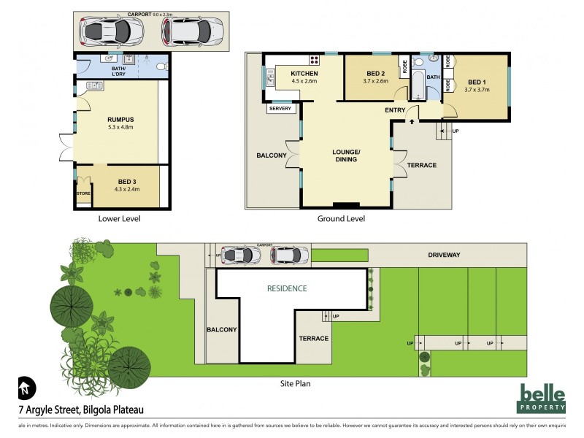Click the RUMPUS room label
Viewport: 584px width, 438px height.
pyautogui.click(x=120, y=120)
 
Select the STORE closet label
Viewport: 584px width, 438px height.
pyautogui.click(x=83, y=193)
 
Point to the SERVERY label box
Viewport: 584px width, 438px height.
pyautogui.click(x=280, y=109)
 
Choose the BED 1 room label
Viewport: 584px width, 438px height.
pyautogui.click(x=476, y=82)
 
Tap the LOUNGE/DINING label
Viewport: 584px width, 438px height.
pyautogui.click(x=346, y=155)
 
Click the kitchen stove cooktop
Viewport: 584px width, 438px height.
pyautogui.click(x=315, y=60)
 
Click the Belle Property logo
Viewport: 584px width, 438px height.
pyautogui.click(x=542, y=399)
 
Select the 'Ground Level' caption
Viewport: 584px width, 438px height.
pyautogui.click(x=341, y=218)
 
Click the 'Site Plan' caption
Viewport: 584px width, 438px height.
pyautogui.click(x=296, y=382)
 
